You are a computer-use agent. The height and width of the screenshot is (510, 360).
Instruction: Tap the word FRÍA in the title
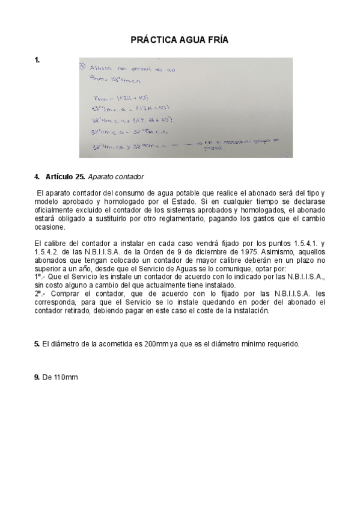[216, 40]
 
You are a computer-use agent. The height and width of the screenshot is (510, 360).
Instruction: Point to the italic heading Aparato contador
[116, 177]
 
